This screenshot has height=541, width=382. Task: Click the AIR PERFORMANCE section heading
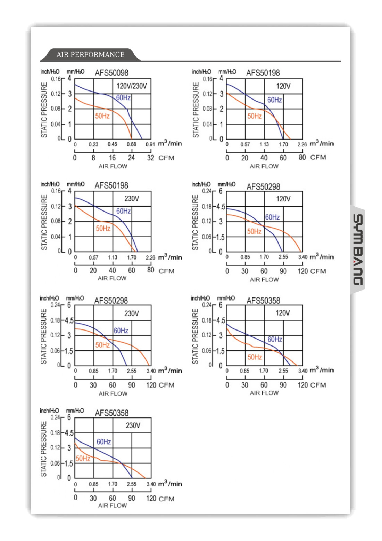point(90,55)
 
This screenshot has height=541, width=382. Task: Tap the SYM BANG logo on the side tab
point(358,249)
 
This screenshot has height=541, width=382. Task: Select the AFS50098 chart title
point(111,73)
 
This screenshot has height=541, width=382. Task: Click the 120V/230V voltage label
point(131,86)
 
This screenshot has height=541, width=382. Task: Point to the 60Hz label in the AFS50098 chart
point(123,98)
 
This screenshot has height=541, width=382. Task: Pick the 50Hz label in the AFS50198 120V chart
point(254,116)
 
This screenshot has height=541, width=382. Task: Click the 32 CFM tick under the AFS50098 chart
point(150,158)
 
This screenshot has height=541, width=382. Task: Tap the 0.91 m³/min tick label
point(150,144)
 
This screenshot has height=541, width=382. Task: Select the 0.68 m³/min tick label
point(131,144)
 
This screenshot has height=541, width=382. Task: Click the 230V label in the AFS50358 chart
point(133,425)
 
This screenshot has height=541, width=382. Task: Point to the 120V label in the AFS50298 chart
point(283,199)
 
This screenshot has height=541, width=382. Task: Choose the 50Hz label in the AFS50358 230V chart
point(83,458)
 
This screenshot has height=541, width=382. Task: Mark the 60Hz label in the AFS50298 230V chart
point(121,331)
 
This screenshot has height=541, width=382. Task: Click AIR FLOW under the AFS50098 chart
point(113,166)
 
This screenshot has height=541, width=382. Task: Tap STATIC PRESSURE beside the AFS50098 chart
point(44,110)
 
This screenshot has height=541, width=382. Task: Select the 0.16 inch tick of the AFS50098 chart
point(56,79)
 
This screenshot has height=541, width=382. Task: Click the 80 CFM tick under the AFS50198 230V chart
point(150,270)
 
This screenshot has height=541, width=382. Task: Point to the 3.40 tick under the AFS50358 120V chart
point(302,371)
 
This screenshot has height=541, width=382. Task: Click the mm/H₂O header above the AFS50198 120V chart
point(227,72)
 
